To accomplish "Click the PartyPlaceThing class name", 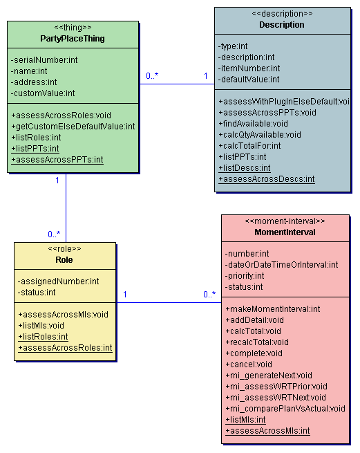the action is pyautogui.click(x=73, y=39).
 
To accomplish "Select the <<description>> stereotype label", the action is pyautogui.click(x=282, y=14).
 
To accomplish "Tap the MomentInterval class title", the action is pyautogui.click(x=285, y=232).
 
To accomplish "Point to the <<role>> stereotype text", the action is pyautogui.click(x=64, y=248).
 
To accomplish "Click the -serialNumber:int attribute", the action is pyautogui.click(x=44, y=59).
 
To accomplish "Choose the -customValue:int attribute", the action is pyautogui.click(x=43, y=93).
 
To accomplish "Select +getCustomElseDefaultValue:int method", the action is pyautogui.click(x=73, y=127).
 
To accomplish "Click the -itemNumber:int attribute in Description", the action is pyautogui.click(x=249, y=68).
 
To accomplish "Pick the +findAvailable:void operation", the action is pyautogui.click(x=253, y=124).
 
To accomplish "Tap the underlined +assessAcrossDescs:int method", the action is pyautogui.click(x=267, y=179).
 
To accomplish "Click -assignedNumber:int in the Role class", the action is pyautogui.click(x=58, y=281).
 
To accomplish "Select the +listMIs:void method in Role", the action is pyautogui.click(x=41, y=326).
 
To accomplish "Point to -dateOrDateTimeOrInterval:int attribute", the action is pyautogui.click(x=281, y=265).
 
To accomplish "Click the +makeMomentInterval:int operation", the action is pyautogui.click(x=273, y=309).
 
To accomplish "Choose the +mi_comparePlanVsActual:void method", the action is pyautogui.click(x=285, y=409).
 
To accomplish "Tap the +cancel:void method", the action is pyautogui.click(x=249, y=364).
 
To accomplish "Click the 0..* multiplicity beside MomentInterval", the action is pyautogui.click(x=209, y=294).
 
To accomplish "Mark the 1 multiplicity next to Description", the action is pyautogui.click(x=206, y=76).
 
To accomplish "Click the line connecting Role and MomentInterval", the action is pyautogui.click(x=169, y=302).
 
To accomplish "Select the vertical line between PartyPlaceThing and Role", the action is pyautogui.click(x=66, y=207).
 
